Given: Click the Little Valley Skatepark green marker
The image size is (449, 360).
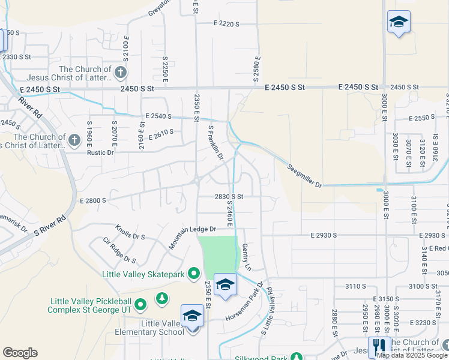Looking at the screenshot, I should [193, 274].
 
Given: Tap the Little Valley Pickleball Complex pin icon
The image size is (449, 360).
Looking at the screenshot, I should [140, 305].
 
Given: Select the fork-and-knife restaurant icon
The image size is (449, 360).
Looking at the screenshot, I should [379, 347].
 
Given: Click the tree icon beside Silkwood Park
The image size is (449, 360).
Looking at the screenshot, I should [296, 357].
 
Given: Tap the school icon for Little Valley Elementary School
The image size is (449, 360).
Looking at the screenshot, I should [192, 316].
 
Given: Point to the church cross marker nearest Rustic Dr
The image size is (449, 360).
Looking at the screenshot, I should [74, 140].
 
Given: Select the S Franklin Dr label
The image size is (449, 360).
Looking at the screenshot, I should [215, 142].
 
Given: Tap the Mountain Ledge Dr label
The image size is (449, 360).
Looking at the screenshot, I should [193, 229].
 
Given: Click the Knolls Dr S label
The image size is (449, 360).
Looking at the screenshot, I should [130, 233].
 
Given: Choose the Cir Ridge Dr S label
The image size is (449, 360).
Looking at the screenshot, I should [119, 251].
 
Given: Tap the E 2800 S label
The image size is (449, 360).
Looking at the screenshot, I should [92, 200].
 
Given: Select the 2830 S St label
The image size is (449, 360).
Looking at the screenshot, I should [229, 196].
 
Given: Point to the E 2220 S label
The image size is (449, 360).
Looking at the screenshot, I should [226, 24].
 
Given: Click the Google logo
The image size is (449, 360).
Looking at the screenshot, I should [20, 353].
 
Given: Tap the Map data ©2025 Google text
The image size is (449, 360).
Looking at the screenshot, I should [411, 355].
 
